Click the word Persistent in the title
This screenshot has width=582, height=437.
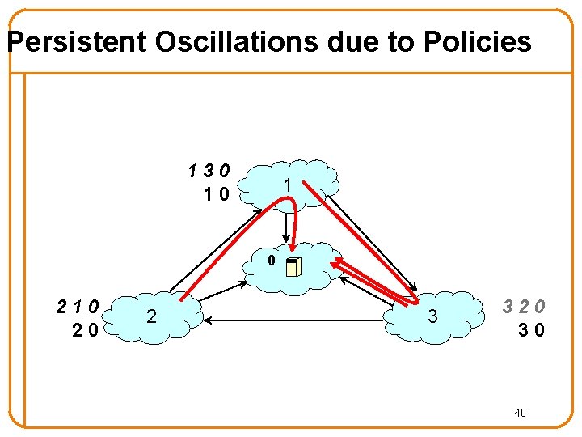coord(78,41)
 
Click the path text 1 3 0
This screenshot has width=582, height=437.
coord(209,172)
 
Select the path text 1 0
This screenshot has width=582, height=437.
coord(217,193)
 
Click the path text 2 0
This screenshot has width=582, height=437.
coord(86,329)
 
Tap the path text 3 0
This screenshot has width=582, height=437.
coord(531,329)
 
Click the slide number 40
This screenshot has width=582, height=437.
coord(521,414)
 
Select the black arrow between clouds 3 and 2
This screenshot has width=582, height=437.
coord(299,321)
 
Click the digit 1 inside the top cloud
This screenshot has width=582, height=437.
coord(285,186)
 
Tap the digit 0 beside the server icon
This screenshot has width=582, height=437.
coord(272,261)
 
